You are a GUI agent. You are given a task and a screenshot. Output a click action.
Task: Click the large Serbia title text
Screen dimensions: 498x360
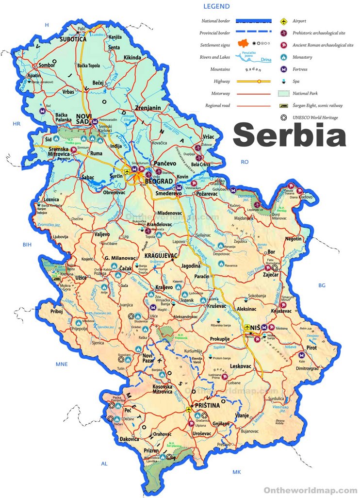tap(290, 135)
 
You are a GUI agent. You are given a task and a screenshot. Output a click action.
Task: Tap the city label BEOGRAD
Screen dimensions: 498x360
tap(159, 181)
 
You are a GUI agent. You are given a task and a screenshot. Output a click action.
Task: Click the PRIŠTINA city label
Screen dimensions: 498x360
tap(208, 405)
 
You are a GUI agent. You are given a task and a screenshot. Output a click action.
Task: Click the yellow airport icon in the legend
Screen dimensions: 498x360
tap(283, 21)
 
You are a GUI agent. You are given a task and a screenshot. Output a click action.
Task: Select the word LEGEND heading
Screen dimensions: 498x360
tap(216, 7)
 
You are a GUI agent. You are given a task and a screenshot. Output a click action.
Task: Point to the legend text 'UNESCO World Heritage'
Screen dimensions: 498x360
tap(315, 117)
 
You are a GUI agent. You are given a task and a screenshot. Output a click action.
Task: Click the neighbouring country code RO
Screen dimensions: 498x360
tap(245, 162)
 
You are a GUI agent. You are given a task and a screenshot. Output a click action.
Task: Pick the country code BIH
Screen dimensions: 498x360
tap(27, 245)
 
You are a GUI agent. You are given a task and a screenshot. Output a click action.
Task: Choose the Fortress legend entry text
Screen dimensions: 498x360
tap(300, 69)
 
